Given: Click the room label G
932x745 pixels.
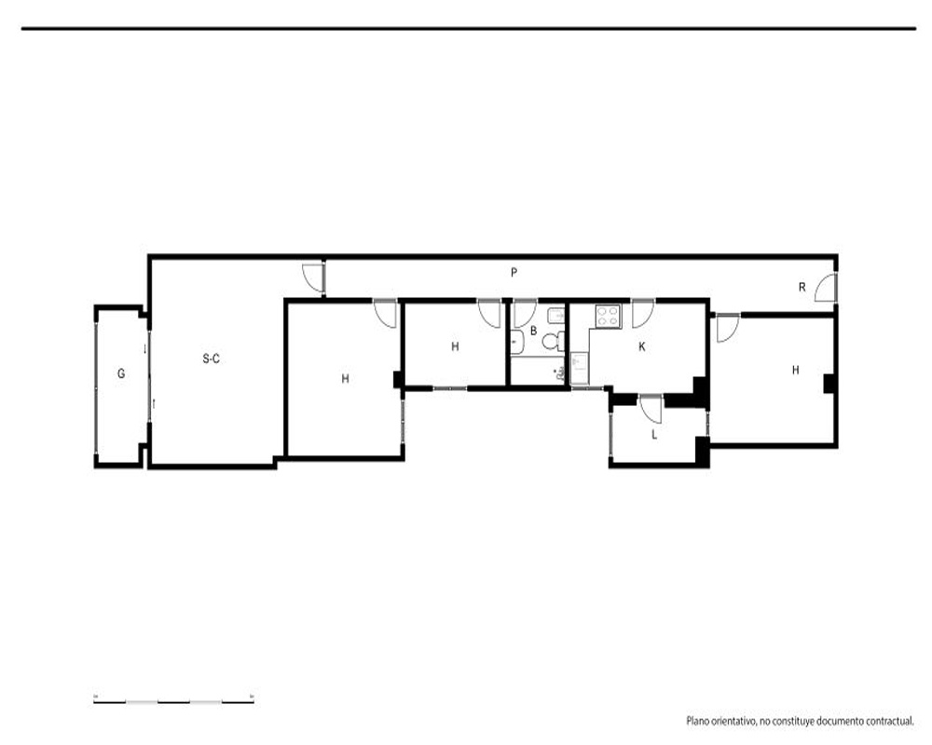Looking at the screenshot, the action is coord(121,373).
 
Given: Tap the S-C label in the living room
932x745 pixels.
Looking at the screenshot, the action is coord(211,359).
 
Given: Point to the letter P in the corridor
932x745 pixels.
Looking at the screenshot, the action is coord(514,273).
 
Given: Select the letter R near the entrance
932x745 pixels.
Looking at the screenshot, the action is coord(802,288).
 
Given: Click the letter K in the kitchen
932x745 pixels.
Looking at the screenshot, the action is coord(642,346).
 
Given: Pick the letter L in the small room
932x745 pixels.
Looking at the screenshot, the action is coord(654,435).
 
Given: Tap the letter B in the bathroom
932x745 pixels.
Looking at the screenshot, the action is coord(534,331).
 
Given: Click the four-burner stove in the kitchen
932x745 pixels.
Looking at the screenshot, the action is coord(608,316).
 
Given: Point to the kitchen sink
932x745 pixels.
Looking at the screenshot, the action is coord(579,369).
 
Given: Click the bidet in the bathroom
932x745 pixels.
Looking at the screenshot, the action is coord(555,316).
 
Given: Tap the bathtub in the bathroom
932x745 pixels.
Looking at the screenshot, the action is coord(538,371).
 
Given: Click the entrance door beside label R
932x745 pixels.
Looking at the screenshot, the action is coord(826,288).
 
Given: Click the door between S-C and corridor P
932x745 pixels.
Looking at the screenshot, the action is coord(313,278).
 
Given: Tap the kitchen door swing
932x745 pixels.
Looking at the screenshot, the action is coord(643,315).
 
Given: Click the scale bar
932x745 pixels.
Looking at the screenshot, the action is coord(173,701).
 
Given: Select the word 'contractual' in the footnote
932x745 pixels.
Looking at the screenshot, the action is coord(889,721).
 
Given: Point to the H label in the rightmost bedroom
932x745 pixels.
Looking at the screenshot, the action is coord(796,370).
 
